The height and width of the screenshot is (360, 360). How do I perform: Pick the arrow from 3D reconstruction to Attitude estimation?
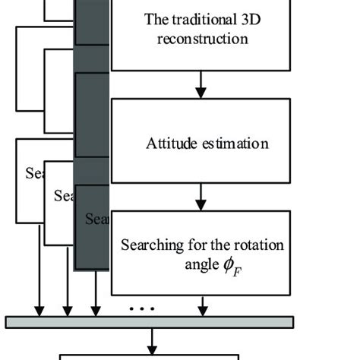[201, 84]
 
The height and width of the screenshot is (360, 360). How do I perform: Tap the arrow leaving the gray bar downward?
[153, 339]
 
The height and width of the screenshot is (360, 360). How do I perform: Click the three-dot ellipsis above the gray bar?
[142, 309]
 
